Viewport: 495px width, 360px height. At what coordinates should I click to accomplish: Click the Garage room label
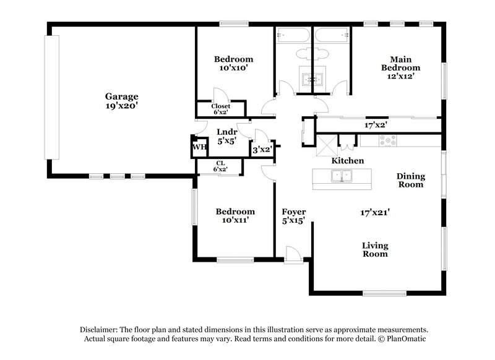[121, 96]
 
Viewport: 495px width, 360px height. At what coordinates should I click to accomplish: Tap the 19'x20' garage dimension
[121, 106]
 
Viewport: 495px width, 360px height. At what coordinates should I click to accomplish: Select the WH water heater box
[198, 147]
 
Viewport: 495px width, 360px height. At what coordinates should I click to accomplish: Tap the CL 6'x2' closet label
[220, 166]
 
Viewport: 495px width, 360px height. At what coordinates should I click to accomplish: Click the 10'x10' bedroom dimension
[233, 69]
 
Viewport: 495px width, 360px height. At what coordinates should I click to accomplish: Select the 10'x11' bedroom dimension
[235, 220]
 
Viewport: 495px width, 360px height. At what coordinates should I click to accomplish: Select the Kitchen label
[347, 161]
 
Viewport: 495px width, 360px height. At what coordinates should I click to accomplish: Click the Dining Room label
[410, 180]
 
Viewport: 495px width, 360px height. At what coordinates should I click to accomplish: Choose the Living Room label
[375, 249]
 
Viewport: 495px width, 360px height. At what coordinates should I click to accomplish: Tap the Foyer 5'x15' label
[294, 216]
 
